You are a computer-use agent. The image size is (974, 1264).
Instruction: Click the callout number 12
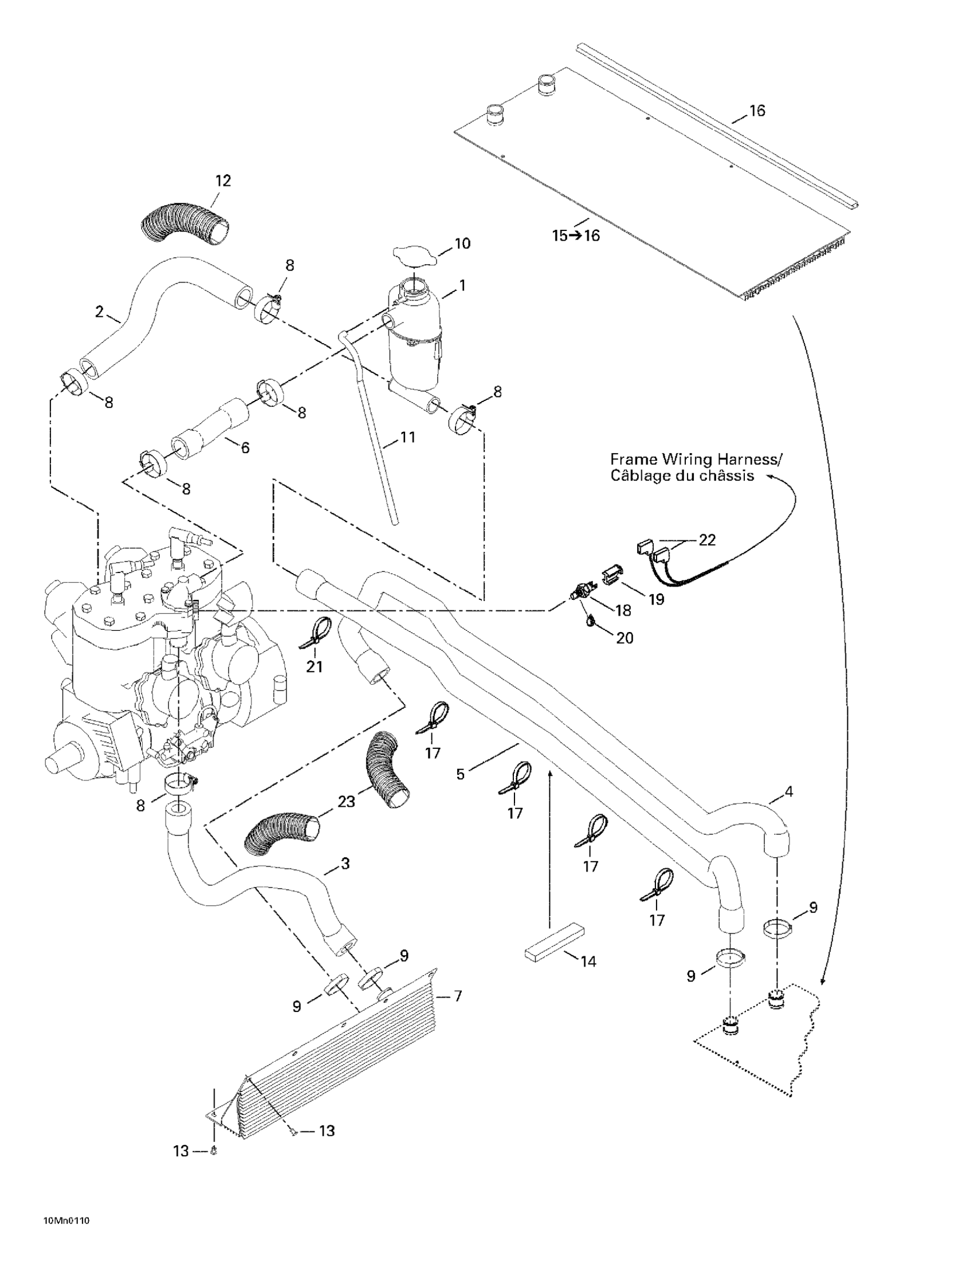click(x=223, y=180)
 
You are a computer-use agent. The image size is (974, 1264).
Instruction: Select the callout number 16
click(x=756, y=111)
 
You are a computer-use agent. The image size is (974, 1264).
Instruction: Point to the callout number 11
click(x=408, y=437)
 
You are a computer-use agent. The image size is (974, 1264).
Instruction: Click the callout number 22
click(x=707, y=539)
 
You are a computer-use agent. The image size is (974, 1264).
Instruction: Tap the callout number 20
click(x=625, y=638)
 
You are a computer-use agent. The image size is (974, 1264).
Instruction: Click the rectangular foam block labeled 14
click(x=554, y=941)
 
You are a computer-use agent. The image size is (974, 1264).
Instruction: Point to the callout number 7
click(x=458, y=996)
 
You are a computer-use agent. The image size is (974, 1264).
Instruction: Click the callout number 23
click(x=346, y=802)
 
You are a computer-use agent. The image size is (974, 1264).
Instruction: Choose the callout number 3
click(x=345, y=864)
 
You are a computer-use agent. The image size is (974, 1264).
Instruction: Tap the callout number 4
click(x=788, y=791)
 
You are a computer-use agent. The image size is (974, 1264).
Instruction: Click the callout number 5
click(x=460, y=774)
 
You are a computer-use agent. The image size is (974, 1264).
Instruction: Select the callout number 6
click(x=245, y=447)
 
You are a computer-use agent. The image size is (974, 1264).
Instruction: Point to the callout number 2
click(x=99, y=312)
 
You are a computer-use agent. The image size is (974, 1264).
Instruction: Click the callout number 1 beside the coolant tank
click(x=461, y=285)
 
